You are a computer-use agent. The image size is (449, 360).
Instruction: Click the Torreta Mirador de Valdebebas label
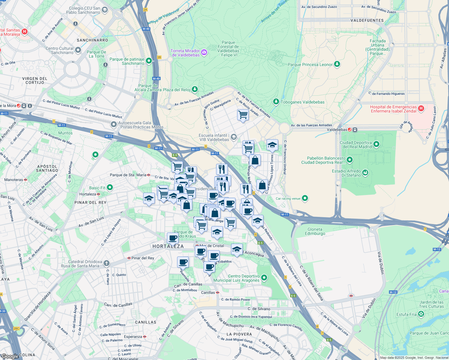tap(185, 53)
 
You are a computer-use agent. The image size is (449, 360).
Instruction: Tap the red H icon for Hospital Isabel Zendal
tap(421, 109)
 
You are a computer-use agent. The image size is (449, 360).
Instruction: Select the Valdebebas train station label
tap(337, 130)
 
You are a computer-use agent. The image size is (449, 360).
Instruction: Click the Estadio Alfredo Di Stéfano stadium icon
tap(365, 172)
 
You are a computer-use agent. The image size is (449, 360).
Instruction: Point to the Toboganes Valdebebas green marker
tap(276, 102)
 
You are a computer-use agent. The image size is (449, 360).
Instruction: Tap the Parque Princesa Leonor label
tap(310, 64)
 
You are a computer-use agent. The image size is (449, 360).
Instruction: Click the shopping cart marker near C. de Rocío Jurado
tap(243, 115)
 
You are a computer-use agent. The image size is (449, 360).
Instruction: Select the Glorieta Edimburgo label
tap(315, 231)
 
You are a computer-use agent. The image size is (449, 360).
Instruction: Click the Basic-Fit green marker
tap(110, 187)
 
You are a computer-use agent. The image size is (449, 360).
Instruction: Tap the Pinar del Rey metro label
tap(143, 258)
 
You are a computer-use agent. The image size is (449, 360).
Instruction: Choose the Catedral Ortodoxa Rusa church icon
tap(106, 263)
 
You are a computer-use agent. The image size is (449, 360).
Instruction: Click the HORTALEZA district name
tap(168, 246)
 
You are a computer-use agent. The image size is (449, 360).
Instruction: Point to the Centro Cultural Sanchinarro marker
tap(78, 50)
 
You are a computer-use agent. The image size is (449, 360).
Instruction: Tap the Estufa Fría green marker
tap(421, 314)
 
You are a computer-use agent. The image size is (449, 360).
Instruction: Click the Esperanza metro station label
tap(133, 337)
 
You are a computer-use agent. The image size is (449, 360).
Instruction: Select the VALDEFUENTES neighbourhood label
tap(367, 20)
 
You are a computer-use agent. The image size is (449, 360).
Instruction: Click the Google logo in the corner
tap(10, 356)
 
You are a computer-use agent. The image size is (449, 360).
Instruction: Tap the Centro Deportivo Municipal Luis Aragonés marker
tap(264, 278)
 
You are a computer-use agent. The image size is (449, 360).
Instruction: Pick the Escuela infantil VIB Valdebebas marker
tap(234, 137)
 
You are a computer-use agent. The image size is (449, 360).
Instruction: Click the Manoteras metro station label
tap(14, 180)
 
